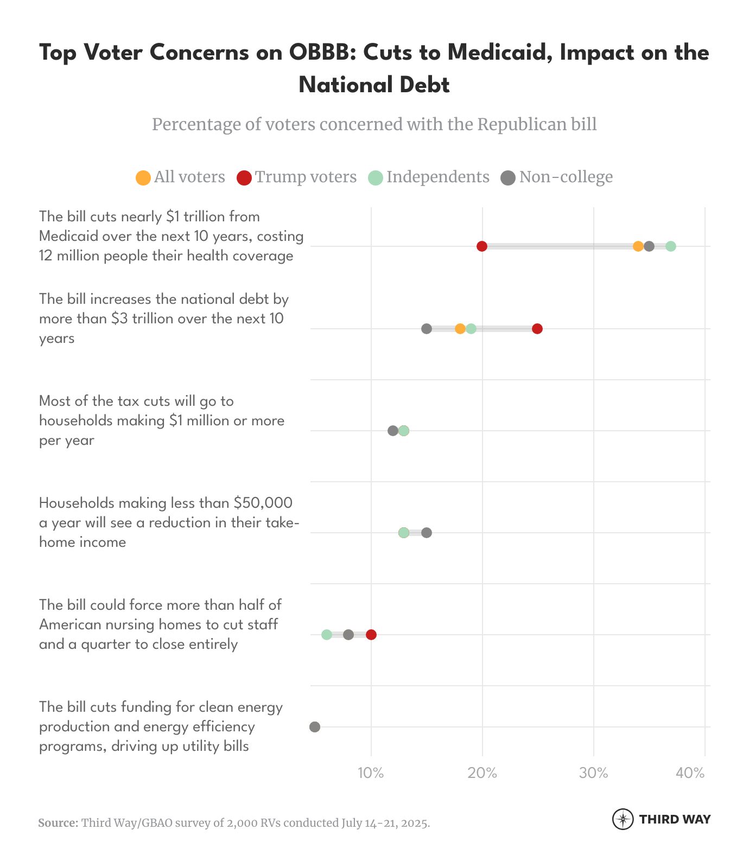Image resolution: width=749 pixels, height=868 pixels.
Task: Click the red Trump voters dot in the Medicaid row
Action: (482, 246)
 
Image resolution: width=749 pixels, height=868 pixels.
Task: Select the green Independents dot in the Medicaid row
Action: (671, 246)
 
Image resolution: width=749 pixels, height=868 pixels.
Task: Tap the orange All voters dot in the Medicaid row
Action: (638, 246)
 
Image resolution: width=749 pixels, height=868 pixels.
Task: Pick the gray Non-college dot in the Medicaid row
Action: (649, 246)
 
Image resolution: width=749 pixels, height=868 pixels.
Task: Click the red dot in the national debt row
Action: (537, 329)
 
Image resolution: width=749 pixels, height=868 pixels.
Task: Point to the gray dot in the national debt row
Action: (427, 329)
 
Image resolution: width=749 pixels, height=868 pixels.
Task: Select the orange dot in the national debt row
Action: (460, 329)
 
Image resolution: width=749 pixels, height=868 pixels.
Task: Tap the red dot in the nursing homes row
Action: (371, 635)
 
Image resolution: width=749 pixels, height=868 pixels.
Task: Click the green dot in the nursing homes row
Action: (327, 635)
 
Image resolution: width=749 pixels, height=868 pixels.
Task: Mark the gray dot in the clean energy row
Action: (315, 727)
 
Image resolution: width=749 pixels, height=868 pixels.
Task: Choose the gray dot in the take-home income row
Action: (427, 533)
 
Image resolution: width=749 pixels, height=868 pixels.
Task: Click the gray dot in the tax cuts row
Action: (393, 431)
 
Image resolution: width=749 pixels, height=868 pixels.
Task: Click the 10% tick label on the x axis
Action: (371, 773)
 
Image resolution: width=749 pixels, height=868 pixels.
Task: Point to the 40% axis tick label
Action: (690, 773)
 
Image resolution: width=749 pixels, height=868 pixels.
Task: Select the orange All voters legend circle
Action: (143, 177)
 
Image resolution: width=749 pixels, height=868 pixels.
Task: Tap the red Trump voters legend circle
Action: (244, 177)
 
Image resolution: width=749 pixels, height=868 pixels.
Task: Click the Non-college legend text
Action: (566, 177)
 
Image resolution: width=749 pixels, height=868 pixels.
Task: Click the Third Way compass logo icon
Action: (623, 819)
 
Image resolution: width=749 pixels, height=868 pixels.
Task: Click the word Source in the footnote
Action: (58, 823)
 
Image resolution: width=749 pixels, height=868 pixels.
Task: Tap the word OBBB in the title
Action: (322, 53)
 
